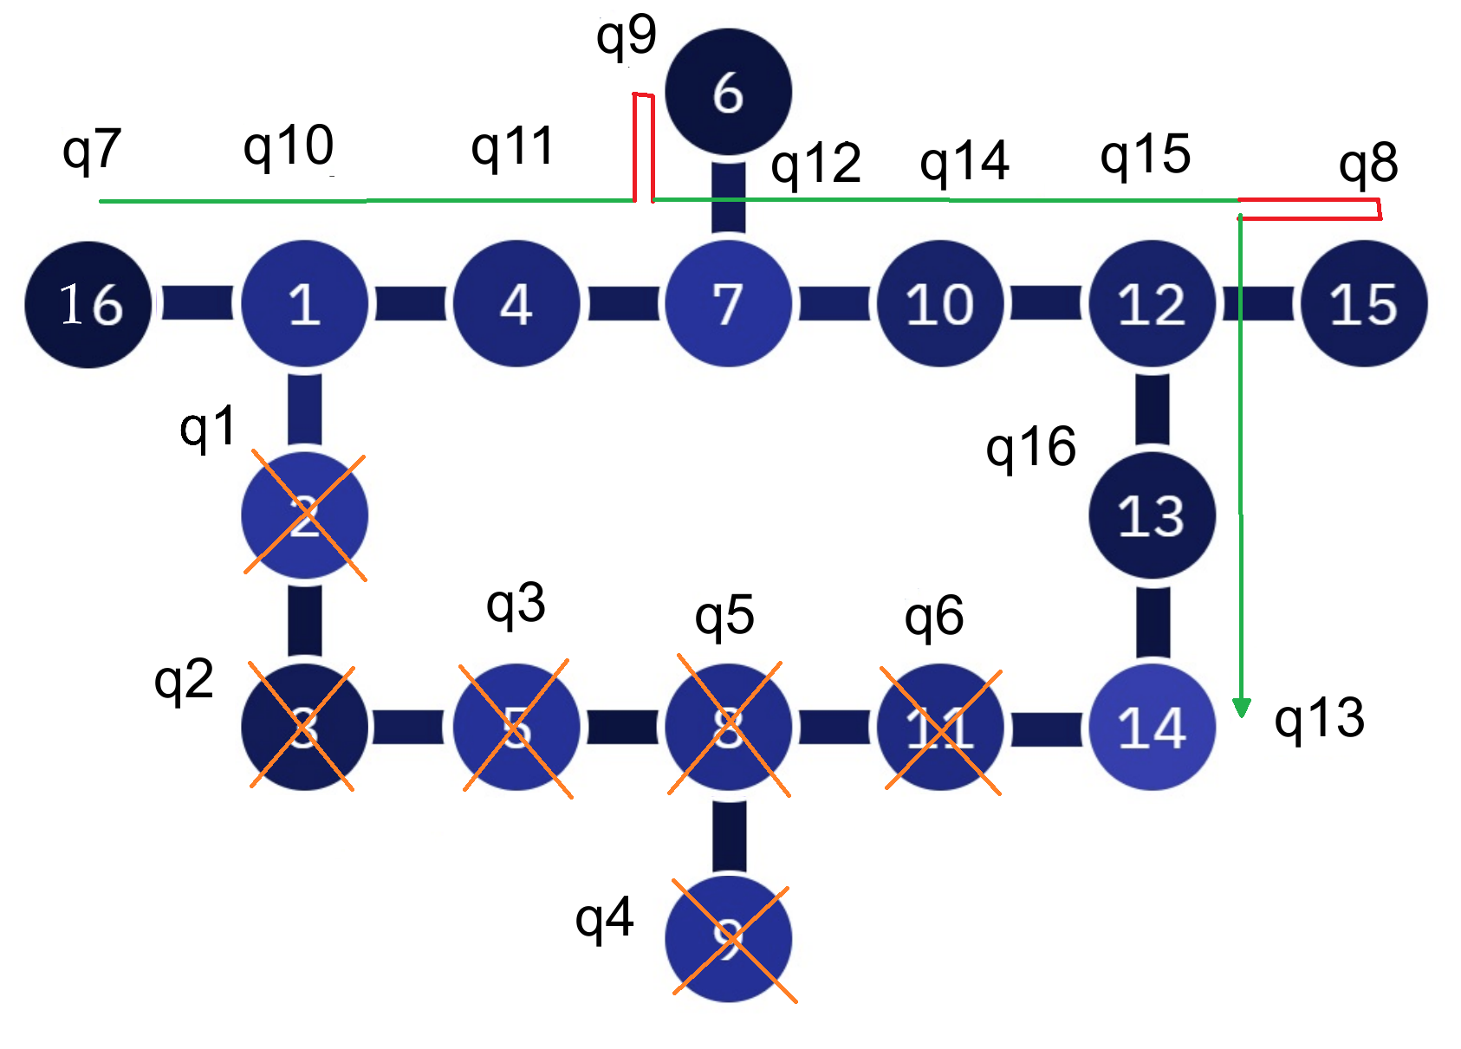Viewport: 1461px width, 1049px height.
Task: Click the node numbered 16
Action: coord(88,305)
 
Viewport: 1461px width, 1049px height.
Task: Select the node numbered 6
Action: coord(728,92)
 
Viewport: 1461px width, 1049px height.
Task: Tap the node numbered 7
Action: coord(728,304)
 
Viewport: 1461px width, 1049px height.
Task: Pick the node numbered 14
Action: coord(1152,727)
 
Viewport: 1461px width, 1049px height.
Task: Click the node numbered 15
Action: coord(1364,304)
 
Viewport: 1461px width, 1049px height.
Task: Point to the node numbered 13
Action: coord(1152,516)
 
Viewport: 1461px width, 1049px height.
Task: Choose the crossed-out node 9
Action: coord(729,939)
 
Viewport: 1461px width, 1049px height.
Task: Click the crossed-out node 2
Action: coord(304,516)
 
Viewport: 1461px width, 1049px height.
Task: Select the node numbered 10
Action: coord(940,304)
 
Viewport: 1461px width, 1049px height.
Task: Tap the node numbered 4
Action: coord(516,304)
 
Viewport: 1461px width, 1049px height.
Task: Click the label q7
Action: coord(91,151)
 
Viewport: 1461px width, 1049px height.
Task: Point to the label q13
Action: coord(1319,719)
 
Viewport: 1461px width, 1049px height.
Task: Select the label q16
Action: coord(1030,448)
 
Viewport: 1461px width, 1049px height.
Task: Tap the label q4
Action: coord(604,919)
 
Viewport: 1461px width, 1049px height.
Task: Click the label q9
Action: coord(626,37)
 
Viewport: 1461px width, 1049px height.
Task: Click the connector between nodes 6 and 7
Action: coord(728,197)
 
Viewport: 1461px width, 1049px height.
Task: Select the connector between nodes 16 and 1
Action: coord(197,304)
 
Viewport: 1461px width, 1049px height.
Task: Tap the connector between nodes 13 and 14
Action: coord(1152,622)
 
